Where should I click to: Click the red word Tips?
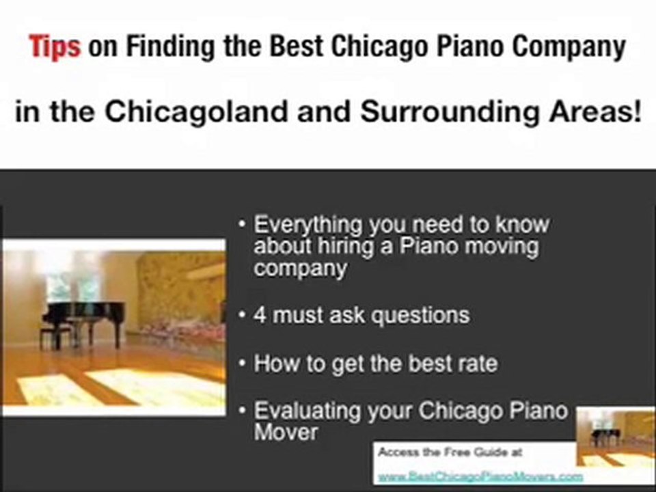[x=55, y=48]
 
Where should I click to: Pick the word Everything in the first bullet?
[x=307, y=225]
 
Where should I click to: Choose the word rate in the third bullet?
[x=477, y=363]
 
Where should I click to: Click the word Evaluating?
[x=306, y=411]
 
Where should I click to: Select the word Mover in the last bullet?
[x=286, y=432]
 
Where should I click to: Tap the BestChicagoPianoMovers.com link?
[x=480, y=476]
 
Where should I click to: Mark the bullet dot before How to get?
[x=243, y=364]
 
